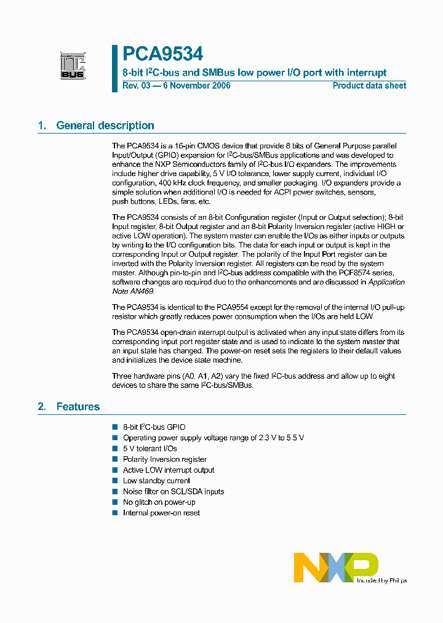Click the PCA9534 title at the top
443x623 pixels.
162,55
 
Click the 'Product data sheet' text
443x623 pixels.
369,86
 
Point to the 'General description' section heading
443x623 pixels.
105,126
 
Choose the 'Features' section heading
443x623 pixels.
78,406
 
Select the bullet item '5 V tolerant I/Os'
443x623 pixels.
150,448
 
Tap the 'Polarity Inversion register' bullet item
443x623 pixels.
164,459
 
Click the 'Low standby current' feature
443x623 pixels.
156,481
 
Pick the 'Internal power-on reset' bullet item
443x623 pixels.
161,513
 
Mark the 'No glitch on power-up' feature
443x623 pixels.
159,502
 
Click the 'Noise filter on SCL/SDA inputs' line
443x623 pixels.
173,491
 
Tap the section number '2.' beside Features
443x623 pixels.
42,406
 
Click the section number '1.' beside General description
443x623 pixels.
42,126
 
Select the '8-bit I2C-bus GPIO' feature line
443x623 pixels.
154,427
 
